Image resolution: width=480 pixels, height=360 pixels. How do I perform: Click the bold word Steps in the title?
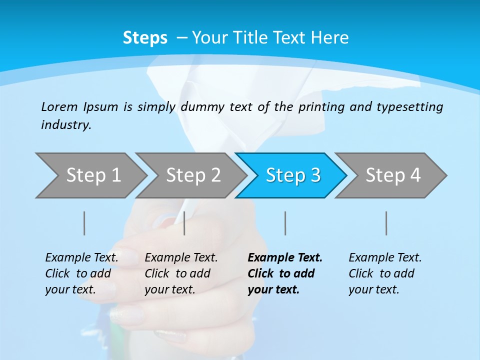point(145,38)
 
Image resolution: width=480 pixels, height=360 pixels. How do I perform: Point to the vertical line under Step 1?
point(84,223)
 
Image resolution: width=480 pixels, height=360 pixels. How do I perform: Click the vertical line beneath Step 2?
point(184,223)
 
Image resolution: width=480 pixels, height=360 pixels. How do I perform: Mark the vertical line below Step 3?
point(285,223)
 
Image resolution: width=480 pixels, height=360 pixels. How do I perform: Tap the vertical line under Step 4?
point(386,223)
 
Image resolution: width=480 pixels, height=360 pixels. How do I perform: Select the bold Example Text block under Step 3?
point(284,273)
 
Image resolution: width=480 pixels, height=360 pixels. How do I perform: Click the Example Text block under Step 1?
point(81,273)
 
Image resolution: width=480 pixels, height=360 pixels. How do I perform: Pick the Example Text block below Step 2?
point(181,273)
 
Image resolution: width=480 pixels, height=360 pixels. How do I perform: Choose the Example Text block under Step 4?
point(384,273)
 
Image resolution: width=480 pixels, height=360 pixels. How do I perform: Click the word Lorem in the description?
point(59,107)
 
